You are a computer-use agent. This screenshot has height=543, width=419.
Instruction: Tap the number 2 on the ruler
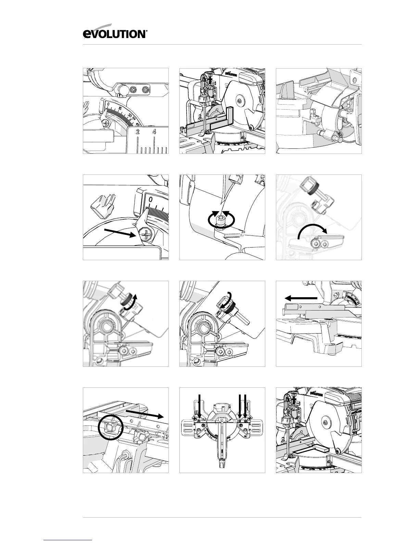click(x=138, y=132)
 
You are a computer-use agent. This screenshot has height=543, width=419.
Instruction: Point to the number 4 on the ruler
click(x=155, y=132)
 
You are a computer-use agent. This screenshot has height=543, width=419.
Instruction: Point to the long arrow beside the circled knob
click(x=144, y=413)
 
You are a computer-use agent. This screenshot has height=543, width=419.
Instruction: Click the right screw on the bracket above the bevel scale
click(x=146, y=90)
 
